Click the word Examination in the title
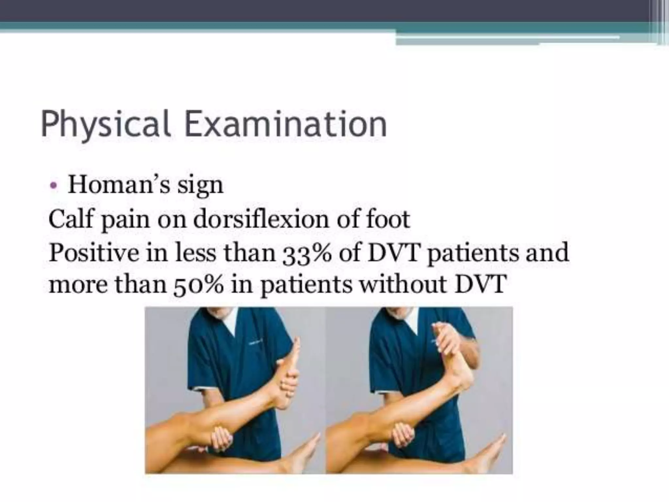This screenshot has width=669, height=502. pyautogui.click(x=286, y=124)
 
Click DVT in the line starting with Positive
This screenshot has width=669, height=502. pyautogui.click(x=393, y=252)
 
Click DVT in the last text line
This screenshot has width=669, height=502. pyautogui.click(x=480, y=284)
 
